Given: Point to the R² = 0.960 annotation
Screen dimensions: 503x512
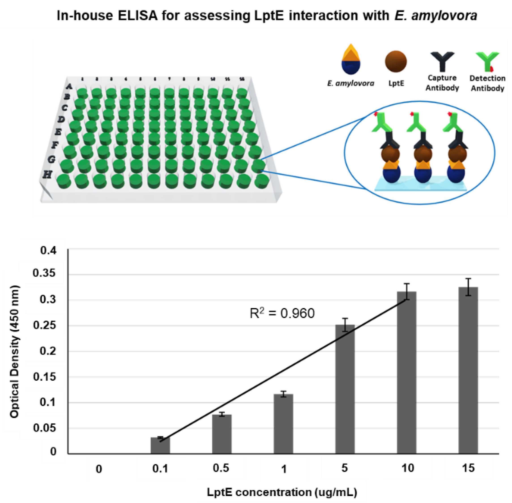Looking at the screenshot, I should tap(282, 313).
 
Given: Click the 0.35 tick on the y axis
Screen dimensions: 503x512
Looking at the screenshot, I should tap(44, 273).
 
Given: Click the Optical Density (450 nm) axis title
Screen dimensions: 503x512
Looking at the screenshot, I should tap(15, 351).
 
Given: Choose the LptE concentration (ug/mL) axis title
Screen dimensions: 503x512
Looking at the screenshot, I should tap(282, 492).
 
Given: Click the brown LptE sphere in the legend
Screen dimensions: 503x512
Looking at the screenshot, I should tap(395, 62).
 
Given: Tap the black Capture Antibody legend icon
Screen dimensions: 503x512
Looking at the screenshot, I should tap(442, 61).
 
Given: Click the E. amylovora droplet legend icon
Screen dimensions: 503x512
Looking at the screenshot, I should tap(351, 60).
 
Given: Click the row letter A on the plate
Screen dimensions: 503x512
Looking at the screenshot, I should tap(69, 86).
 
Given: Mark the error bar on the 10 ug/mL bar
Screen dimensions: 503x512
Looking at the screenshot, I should tap(407, 291).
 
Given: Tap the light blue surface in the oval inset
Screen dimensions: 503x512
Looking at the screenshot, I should tap(420, 185).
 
